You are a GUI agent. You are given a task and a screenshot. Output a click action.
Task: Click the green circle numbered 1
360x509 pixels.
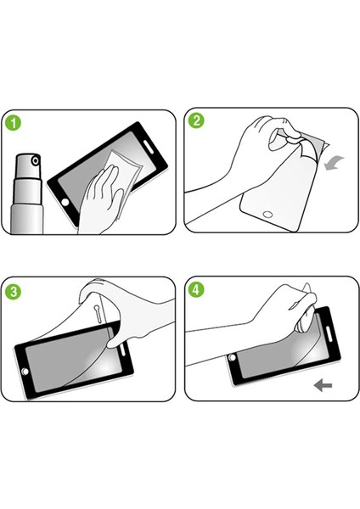pyautogui.click(x=14, y=123)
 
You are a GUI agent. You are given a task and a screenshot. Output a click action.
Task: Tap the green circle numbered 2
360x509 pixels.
pyautogui.click(x=196, y=120)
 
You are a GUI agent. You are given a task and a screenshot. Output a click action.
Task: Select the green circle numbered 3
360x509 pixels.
pyautogui.click(x=14, y=292)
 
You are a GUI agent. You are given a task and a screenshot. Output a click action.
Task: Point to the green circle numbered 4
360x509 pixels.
pyautogui.click(x=196, y=289)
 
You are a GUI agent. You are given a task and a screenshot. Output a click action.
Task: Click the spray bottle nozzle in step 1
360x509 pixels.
pyautogui.click(x=36, y=160)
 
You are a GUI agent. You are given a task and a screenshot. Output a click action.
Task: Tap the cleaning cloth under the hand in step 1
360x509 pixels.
pyautogui.click(x=125, y=177)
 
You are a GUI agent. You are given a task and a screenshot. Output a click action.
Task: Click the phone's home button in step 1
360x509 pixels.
pyautogui.click(x=65, y=202)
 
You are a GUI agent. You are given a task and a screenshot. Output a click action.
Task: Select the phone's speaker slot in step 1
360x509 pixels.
pyautogui.click(x=149, y=147)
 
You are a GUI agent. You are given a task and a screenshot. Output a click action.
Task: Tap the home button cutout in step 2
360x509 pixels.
pyautogui.click(x=268, y=215)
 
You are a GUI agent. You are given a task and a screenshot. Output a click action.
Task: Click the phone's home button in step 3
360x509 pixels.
pyautogui.click(x=25, y=372)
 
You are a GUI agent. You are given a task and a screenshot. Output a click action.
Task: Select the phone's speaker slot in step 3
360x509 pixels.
pyautogui.click(x=123, y=350)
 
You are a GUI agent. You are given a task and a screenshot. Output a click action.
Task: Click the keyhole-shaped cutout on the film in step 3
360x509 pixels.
pyautogui.click(x=98, y=313)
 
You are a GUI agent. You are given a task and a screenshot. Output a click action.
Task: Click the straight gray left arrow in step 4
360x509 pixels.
pyautogui.click(x=323, y=386)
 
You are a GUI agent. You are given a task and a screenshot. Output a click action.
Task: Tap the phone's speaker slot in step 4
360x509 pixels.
pyautogui.click(x=328, y=334)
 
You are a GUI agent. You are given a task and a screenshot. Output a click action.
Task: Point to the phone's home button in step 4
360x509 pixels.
pyautogui.click(x=232, y=358)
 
